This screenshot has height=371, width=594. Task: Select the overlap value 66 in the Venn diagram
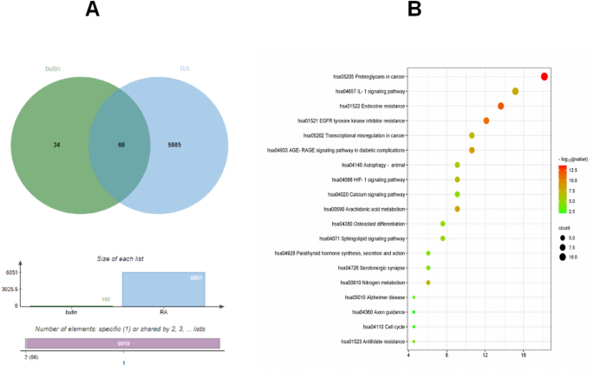[x=121, y=145]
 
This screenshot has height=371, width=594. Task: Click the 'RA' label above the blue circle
[x=185, y=68]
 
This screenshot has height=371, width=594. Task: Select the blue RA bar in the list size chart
[x=164, y=289]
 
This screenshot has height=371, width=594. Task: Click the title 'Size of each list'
[x=121, y=258]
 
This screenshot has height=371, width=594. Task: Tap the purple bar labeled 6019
[x=121, y=344]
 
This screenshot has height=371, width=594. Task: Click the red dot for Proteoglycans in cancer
[x=545, y=76]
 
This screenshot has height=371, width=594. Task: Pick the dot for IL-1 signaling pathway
[x=515, y=91]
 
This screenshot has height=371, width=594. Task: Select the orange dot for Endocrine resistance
[x=500, y=106]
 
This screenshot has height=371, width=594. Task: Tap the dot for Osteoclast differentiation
[x=443, y=224]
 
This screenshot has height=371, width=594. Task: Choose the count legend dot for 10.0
[x=561, y=257]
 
